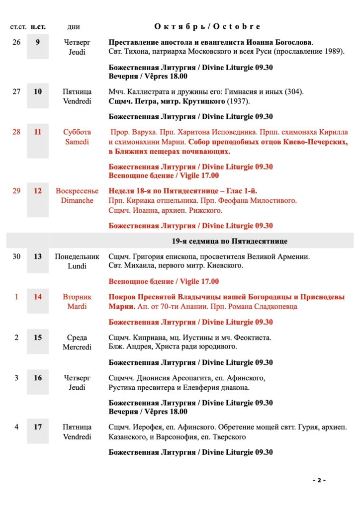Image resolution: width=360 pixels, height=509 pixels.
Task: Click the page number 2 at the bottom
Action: (x=319, y=480)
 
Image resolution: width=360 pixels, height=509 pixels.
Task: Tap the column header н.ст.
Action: (x=38, y=26)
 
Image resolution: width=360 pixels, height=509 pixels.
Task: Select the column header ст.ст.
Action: (x=16, y=26)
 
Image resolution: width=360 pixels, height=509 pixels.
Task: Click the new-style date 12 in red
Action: (x=38, y=191)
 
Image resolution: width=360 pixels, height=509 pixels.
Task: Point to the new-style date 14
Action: (x=38, y=297)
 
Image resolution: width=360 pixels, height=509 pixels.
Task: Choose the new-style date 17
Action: (x=38, y=427)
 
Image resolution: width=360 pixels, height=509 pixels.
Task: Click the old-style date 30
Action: (x=16, y=256)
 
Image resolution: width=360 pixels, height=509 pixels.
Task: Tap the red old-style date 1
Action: (x=16, y=297)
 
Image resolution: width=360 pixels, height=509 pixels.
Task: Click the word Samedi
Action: (x=77, y=142)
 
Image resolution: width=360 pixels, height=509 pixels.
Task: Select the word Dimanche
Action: (x=77, y=200)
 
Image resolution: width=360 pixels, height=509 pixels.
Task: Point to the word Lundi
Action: (x=77, y=266)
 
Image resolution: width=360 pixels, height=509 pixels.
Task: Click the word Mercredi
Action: (x=77, y=347)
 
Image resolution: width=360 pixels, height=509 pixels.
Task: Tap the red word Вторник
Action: (x=77, y=297)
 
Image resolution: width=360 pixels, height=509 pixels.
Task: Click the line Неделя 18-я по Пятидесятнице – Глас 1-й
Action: (x=183, y=191)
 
